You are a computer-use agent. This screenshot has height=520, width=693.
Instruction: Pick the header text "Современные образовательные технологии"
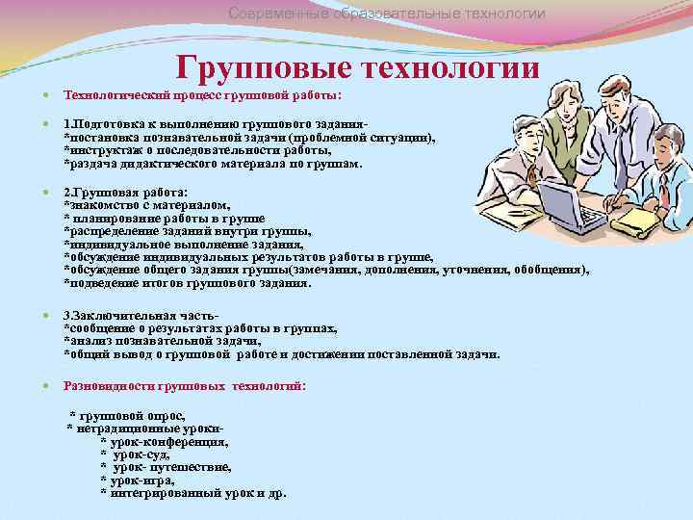coord(386,13)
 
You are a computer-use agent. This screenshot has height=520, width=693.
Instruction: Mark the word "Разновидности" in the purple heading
coord(103,385)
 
